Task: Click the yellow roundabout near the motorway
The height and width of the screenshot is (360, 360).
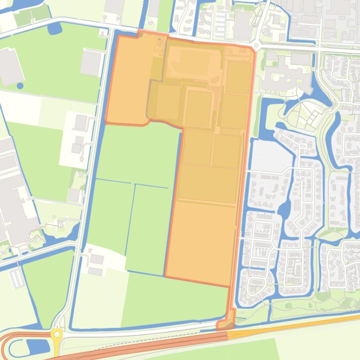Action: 57,334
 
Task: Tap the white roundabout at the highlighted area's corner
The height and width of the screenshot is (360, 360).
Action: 257,45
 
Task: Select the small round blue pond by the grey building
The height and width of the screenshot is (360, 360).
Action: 20,86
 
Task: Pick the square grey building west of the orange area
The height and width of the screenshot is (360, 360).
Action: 91,63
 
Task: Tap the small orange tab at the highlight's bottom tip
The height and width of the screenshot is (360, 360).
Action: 227,324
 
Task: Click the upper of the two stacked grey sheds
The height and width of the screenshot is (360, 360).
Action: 97,259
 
